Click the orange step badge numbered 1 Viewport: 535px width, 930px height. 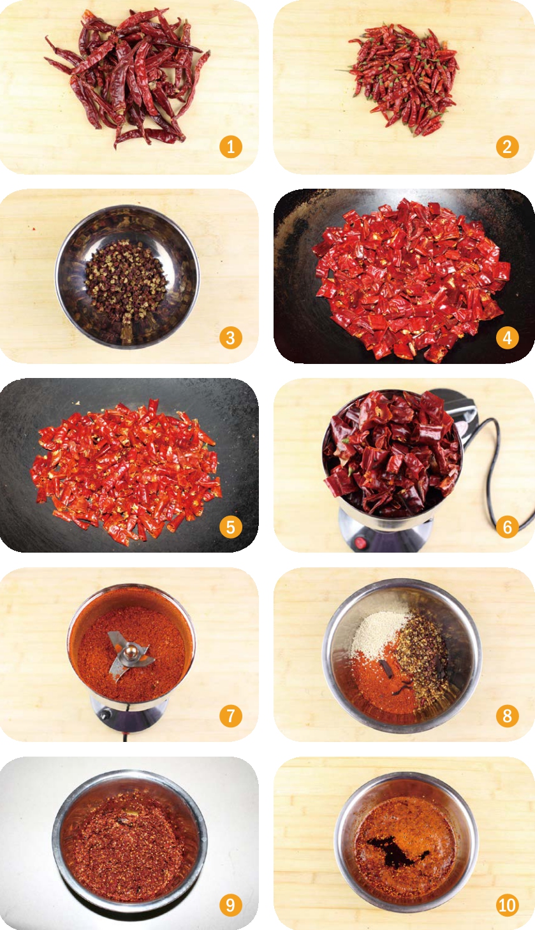pos(231,147)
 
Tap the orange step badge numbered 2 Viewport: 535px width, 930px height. pos(507,147)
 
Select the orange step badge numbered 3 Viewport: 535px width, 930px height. pos(231,338)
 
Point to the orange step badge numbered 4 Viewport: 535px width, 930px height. pos(507,338)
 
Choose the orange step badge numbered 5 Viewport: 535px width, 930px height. pos(231,527)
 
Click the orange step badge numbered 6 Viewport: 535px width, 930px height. pos(507,527)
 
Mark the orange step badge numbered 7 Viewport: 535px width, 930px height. pos(231,716)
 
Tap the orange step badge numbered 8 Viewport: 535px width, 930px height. pos(507,716)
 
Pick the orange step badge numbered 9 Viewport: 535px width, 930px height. pos(231,905)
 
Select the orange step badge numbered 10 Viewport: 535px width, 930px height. pos(507,905)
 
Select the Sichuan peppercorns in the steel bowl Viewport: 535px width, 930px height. pos(126,275)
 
